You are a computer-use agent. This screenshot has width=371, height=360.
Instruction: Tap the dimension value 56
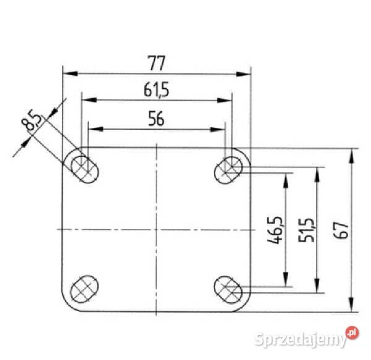point(156,119)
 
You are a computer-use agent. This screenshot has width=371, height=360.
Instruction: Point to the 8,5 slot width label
point(32,121)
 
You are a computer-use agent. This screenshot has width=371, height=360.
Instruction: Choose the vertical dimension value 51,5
point(307,229)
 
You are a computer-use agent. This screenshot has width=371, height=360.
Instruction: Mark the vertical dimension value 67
point(344,229)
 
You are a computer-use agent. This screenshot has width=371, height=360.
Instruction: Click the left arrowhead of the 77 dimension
point(67,74)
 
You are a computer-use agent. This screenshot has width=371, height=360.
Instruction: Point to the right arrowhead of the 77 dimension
point(247,74)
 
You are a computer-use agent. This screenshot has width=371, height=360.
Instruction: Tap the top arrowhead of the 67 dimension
point(351,153)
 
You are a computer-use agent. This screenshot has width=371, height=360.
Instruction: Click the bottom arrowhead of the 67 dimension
point(351,308)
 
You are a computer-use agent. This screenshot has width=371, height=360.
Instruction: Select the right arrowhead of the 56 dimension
point(221,129)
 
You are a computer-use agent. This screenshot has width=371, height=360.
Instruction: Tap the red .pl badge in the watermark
point(351,333)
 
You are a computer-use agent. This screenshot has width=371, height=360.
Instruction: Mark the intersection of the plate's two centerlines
point(157,228)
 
